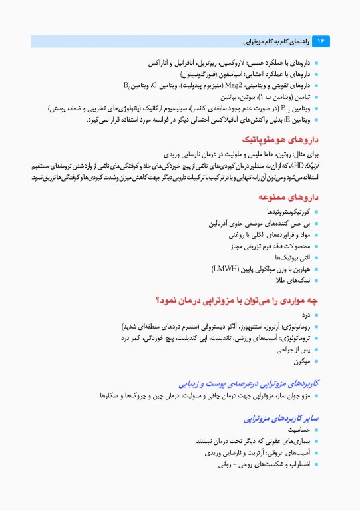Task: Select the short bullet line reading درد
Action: [x=306, y=315]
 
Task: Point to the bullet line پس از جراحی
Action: [x=293, y=350]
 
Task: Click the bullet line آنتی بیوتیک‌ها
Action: [x=289, y=258]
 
